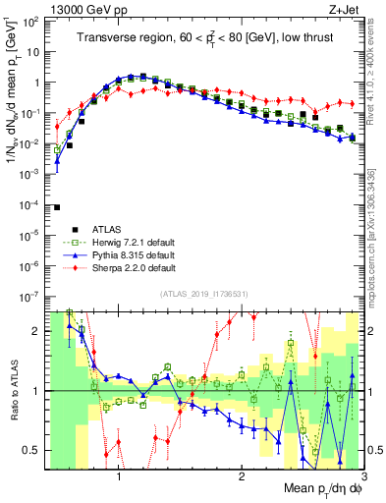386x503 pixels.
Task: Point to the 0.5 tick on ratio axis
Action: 30,450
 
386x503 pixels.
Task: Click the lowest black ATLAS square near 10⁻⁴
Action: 57,207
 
